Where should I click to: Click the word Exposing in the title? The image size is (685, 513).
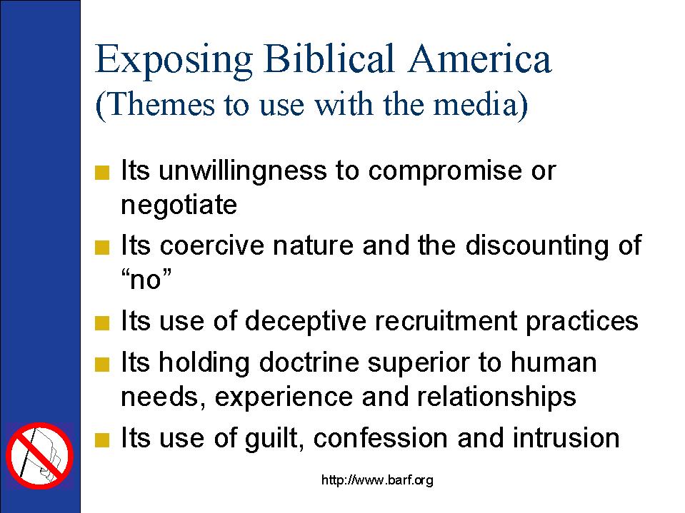point(174,60)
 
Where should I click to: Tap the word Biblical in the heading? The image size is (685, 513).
point(329,59)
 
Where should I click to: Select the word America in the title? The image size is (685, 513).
point(479,59)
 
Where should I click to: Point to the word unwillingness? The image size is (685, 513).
point(242,171)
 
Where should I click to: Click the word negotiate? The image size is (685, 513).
point(179,204)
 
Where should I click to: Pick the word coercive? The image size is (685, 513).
point(212,245)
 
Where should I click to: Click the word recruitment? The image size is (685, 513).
point(446,321)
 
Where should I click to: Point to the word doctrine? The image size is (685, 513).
point(309,362)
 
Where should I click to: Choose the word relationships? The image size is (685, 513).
point(496,397)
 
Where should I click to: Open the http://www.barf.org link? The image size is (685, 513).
point(377,480)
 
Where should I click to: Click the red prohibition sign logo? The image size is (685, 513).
point(40,455)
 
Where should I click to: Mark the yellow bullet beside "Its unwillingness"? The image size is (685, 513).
point(102,173)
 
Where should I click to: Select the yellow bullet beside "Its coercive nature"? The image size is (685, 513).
point(102,248)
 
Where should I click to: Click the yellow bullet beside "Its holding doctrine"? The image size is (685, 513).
point(102,365)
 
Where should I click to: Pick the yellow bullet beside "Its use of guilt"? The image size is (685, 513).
point(102,440)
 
